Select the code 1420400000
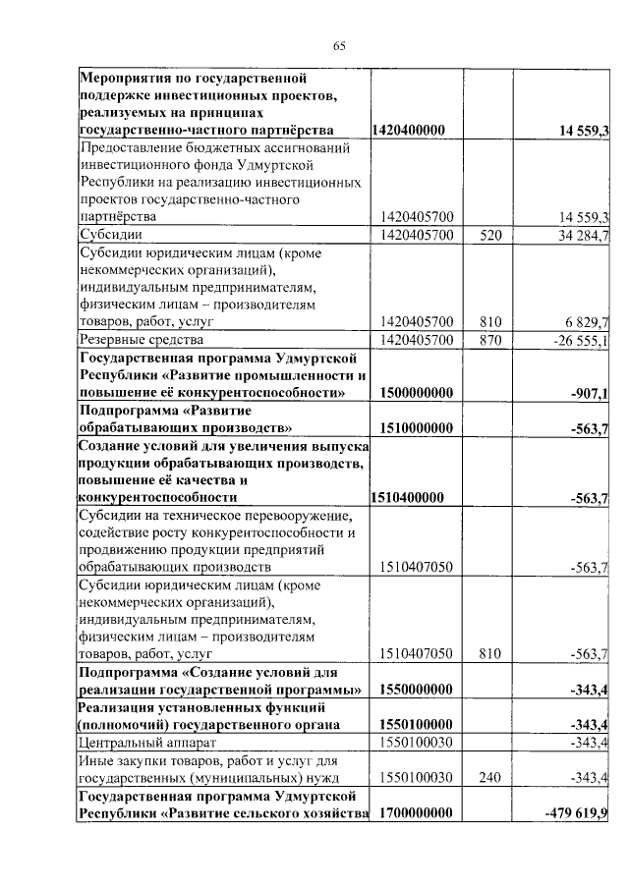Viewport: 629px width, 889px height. pyautogui.click(x=410, y=130)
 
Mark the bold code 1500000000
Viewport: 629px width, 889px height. pyautogui.click(x=415, y=393)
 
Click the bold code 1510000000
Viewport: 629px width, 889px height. pyautogui.click(x=415, y=428)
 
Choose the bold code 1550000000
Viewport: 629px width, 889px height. pyautogui.click(x=415, y=690)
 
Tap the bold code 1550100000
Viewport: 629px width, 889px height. pyautogui.click(x=415, y=724)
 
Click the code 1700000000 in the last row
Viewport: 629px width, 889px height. pyautogui.click(x=415, y=813)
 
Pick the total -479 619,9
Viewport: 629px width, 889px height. pyautogui.click(x=576, y=813)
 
